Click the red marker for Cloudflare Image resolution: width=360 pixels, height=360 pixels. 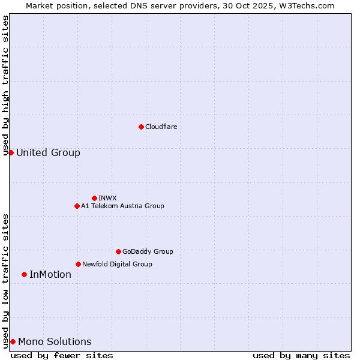[141, 127]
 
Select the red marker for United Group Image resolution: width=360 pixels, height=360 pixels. [11, 152]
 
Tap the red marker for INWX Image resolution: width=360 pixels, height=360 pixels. [94, 198]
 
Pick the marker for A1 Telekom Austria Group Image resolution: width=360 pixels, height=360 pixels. [77, 206]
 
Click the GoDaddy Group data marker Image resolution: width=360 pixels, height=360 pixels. [118, 251]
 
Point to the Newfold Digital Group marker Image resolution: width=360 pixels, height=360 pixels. [78, 264]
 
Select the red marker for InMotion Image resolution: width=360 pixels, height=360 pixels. [24, 274]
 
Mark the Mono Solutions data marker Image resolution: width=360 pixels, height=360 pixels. [13, 341]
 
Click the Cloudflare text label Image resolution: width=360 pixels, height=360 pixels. [161, 127]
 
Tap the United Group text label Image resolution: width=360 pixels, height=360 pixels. [48, 152]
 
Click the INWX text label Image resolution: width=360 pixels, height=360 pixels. [107, 198]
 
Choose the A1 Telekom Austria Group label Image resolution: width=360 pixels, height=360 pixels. [122, 206]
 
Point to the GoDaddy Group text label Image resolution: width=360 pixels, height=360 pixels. [148, 251]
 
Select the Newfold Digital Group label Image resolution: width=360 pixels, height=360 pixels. [117, 264]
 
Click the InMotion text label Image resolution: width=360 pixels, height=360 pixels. [50, 274]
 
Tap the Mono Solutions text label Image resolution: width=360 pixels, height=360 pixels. [55, 341]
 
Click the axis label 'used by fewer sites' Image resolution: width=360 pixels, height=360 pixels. [62, 355]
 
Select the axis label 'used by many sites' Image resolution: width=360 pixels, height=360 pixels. [301, 355]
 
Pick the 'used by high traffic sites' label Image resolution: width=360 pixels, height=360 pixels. [6, 85]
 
